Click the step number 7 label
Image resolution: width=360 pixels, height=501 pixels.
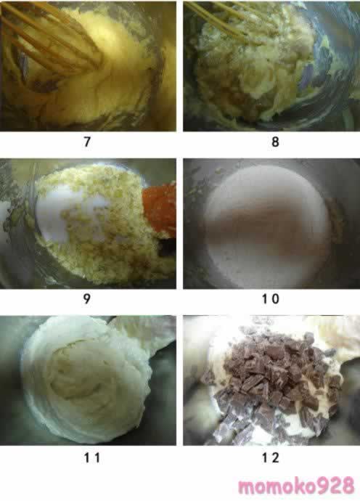[87, 142]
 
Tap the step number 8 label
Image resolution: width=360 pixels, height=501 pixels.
[275, 142]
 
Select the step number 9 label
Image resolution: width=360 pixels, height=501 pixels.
[86, 298]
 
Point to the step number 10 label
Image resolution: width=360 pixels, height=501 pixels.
[271, 298]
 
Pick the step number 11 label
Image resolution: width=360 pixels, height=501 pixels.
[92, 458]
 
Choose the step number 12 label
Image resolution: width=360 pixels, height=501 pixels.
[271, 458]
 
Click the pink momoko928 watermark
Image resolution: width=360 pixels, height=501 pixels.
[296, 486]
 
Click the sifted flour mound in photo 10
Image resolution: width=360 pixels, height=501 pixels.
[268, 224]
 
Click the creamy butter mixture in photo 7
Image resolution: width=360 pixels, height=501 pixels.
[96, 70]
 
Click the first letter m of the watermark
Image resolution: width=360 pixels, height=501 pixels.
[247, 488]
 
